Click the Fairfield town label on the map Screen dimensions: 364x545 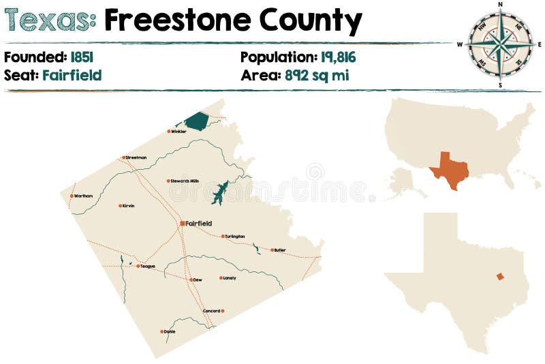point(199,223)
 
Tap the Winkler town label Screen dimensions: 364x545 point(179,132)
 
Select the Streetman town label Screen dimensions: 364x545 point(136,157)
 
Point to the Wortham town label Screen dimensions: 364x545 point(83,196)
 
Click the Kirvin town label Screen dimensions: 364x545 point(128,205)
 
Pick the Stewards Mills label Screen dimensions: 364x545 point(185,181)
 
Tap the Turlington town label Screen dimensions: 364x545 point(235,237)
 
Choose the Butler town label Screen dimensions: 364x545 point(280,250)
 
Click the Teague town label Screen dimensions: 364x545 point(148,266)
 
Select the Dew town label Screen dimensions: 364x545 point(198,279)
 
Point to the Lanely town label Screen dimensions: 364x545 point(230,278)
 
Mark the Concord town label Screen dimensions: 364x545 point(211,311)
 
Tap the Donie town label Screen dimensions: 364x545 point(170,331)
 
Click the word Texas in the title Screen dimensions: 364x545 point(50,21)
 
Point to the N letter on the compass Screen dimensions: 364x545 point(500,4)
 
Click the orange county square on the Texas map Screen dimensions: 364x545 point(500,276)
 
